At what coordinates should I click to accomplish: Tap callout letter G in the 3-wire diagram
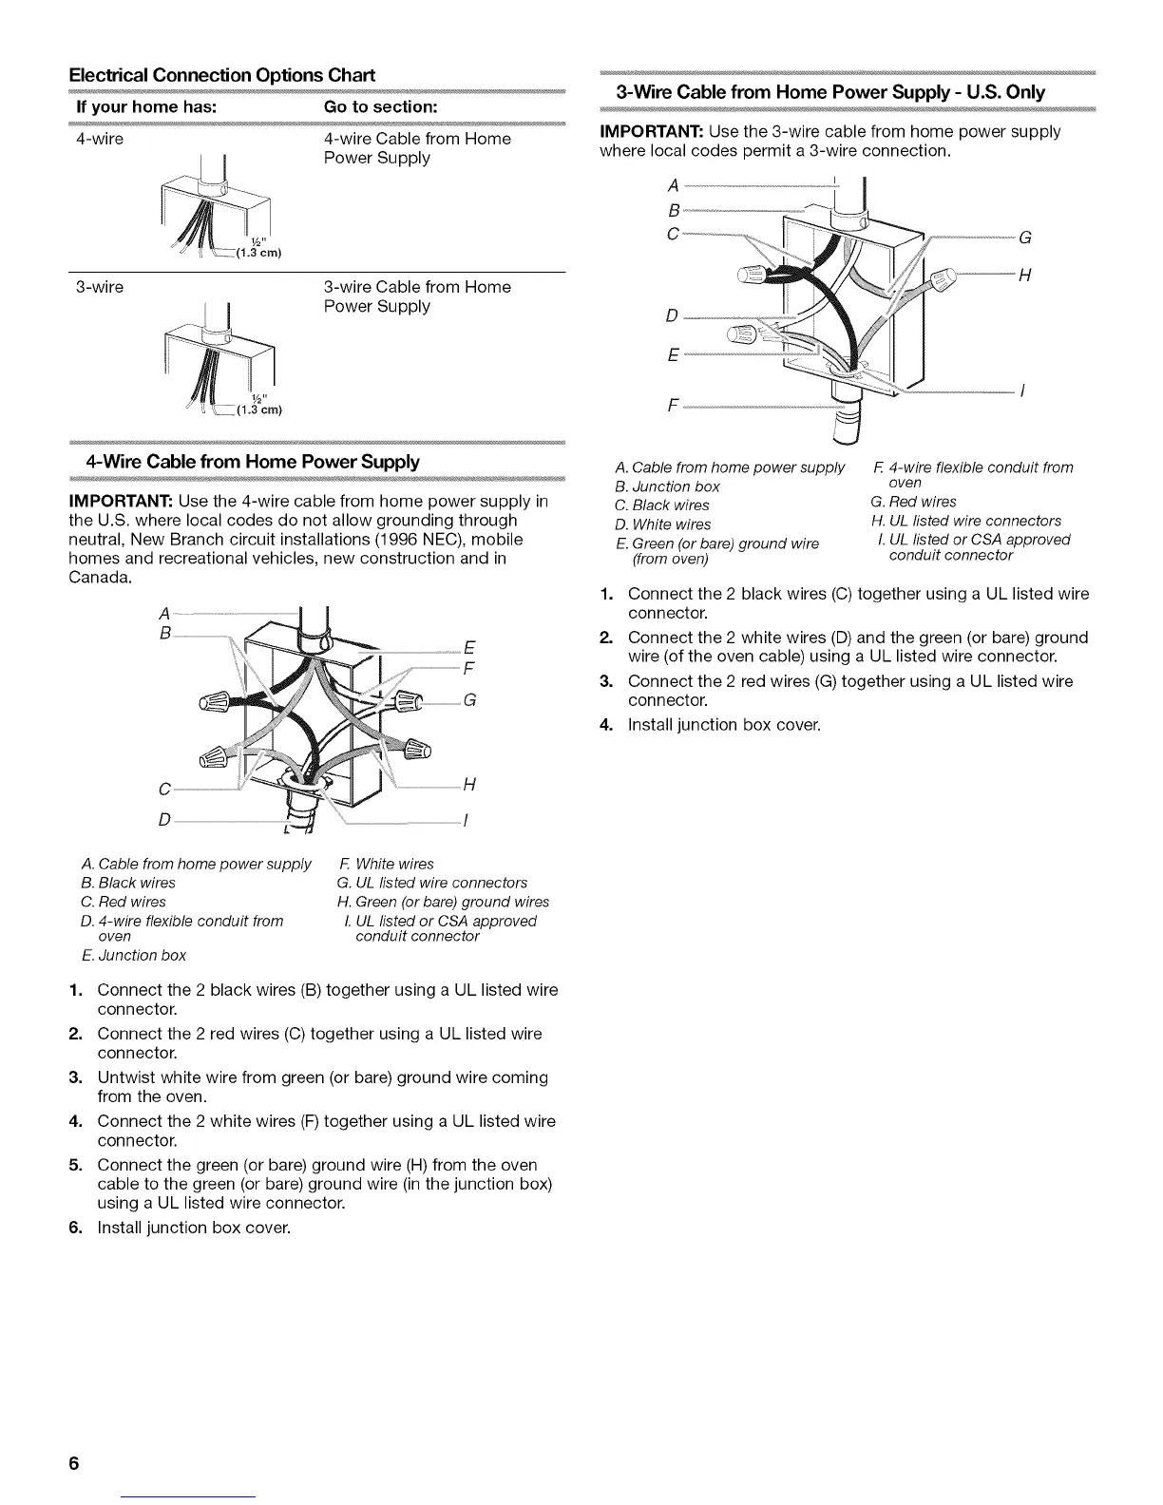tap(1024, 238)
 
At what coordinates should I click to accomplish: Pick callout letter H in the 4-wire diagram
tap(468, 785)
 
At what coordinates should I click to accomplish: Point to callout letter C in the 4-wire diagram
tap(164, 789)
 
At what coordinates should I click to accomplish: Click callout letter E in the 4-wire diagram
tap(468, 649)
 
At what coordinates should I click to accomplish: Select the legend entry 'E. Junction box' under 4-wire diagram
tap(134, 955)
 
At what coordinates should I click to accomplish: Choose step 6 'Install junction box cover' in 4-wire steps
tap(193, 1228)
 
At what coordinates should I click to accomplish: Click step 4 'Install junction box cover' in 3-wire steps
tap(723, 725)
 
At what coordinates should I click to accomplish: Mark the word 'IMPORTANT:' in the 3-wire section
tap(652, 131)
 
